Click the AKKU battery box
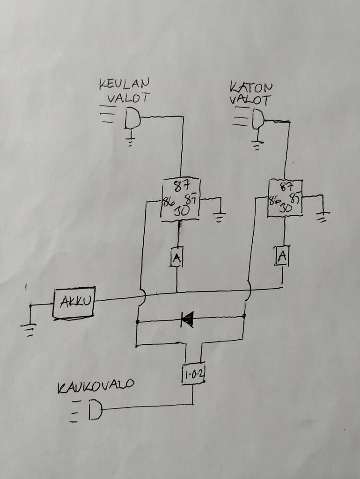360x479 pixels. [x=74, y=303]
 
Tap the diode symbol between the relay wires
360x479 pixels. [x=188, y=319]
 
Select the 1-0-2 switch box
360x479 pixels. [x=193, y=374]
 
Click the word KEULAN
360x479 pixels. [x=124, y=84]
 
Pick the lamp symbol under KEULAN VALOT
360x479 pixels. [x=132, y=118]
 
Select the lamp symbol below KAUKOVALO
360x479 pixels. [x=95, y=410]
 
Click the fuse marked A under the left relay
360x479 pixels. [x=176, y=257]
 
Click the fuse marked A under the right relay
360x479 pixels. [x=282, y=255]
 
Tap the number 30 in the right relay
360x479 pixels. [x=286, y=209]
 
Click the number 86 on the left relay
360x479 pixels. [x=168, y=203]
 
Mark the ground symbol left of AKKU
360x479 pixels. [x=29, y=329]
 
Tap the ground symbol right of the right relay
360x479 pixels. [x=322, y=217]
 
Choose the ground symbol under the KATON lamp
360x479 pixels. [x=256, y=145]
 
